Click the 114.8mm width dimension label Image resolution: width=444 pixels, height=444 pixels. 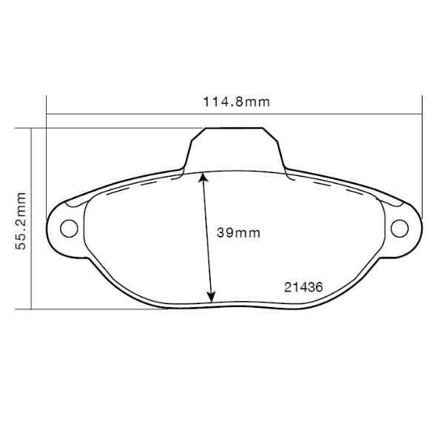[x=236, y=101]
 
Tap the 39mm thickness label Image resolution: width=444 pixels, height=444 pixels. [x=238, y=232]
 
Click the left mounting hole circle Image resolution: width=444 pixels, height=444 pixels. [x=68, y=227]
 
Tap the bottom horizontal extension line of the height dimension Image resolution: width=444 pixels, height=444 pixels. [x=96, y=308]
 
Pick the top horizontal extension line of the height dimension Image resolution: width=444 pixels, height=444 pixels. [x=111, y=128]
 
